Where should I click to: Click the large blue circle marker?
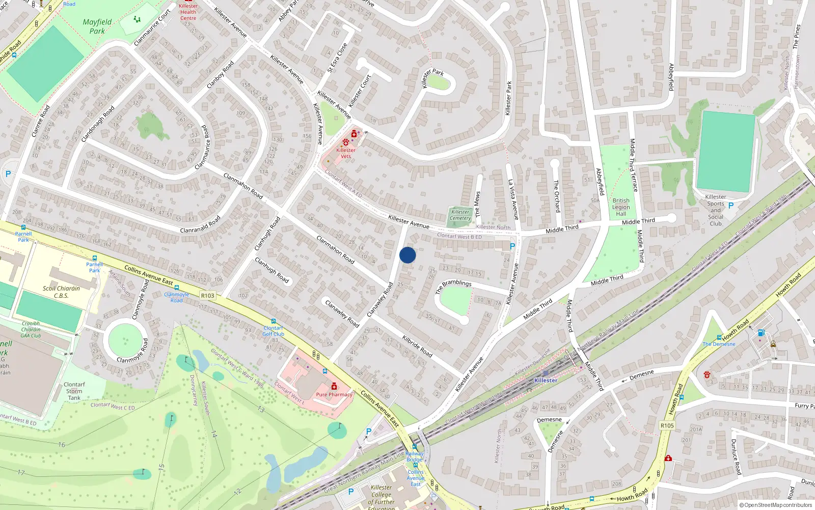click(x=407, y=255)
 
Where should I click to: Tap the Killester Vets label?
click(x=346, y=153)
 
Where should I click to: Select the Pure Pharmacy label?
click(x=334, y=394)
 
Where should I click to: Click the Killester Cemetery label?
click(x=460, y=215)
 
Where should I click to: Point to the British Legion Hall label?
click(x=621, y=207)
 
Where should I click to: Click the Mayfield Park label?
click(x=97, y=27)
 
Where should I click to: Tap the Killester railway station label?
click(x=546, y=380)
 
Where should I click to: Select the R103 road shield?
click(x=208, y=296)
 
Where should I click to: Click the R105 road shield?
click(x=667, y=425)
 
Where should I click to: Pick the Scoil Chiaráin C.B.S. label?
click(x=61, y=292)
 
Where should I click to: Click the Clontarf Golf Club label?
click(x=274, y=331)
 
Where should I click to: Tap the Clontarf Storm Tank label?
click(x=74, y=391)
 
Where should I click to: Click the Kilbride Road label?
click(x=417, y=346)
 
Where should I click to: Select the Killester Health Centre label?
click(x=188, y=12)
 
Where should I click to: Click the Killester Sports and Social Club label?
click(x=716, y=210)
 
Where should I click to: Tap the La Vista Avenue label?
click(x=513, y=199)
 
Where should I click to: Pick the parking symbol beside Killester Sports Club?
click(x=731, y=206)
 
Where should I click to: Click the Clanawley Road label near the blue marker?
click(x=380, y=299)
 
